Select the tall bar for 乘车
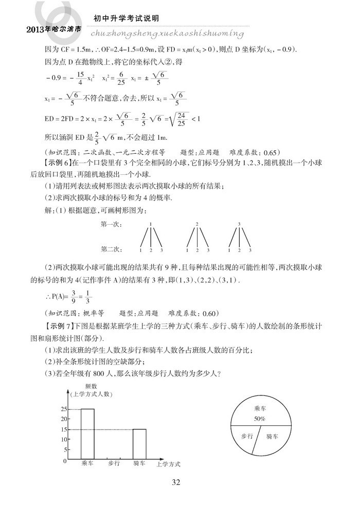tap(87, 434)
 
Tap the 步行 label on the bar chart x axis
tap(114, 464)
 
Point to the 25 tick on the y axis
tap(64, 409)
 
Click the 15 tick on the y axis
tap(64, 429)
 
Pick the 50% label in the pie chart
tap(260, 419)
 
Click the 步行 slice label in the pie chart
tap(247, 436)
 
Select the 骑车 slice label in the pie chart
tap(273, 436)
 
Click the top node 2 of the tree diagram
tap(197, 224)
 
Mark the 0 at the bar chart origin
tap(65, 460)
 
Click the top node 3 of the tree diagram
tap(239, 224)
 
